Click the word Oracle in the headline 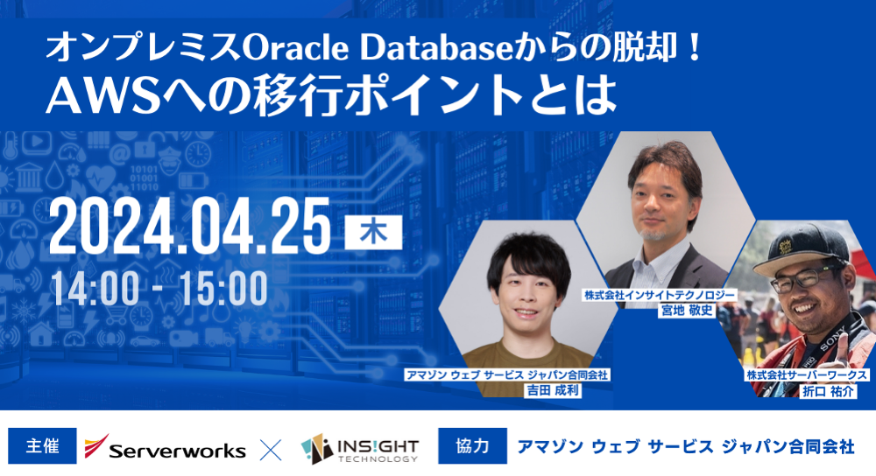tap(297, 48)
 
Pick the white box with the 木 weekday tap(373, 232)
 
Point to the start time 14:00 tap(95, 288)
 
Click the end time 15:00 tap(223, 288)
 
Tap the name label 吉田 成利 tap(553, 390)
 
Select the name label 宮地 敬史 tap(687, 311)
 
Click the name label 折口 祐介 tap(828, 391)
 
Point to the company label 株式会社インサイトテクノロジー tap(660, 295)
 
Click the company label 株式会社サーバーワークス tap(807, 375)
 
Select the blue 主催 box tap(42, 446)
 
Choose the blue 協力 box tap(472, 446)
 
